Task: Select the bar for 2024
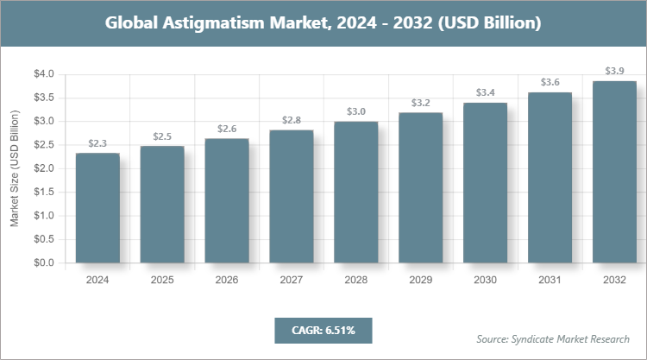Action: click(97, 208)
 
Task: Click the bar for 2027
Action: click(292, 196)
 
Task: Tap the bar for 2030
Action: click(486, 182)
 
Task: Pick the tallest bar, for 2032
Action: click(614, 172)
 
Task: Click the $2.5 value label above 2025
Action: click(162, 136)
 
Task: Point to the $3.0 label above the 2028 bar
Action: click(356, 111)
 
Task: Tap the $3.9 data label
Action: click(614, 71)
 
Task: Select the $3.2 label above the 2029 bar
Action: click(421, 103)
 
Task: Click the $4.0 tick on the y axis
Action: click(43, 74)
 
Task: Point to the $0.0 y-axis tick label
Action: click(43, 262)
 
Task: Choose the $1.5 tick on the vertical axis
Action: click(43, 192)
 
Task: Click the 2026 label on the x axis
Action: click(227, 280)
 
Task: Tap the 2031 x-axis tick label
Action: click(550, 280)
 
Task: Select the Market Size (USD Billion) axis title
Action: click(14, 169)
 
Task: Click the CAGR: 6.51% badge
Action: click(323, 329)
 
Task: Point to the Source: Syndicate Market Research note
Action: click(553, 338)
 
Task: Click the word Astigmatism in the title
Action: click(212, 23)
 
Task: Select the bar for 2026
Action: click(227, 200)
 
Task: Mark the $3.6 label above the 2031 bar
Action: click(550, 82)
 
